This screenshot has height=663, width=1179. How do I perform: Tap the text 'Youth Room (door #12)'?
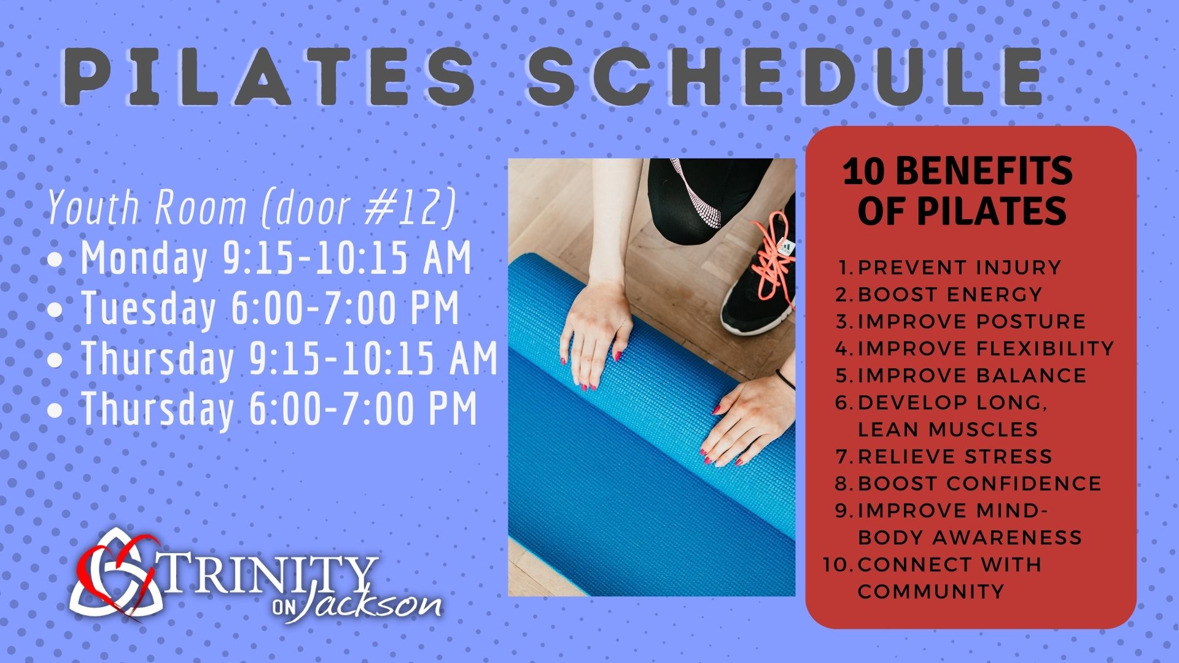pos(252,207)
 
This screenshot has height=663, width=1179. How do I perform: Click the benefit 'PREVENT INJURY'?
pos(960,268)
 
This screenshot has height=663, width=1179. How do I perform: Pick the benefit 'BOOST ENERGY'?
pos(950,295)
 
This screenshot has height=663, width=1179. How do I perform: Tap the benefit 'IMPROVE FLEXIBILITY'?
pos(986,349)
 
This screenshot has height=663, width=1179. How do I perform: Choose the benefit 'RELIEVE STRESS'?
pos(955,457)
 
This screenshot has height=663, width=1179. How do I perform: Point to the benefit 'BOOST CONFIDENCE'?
pos(980,484)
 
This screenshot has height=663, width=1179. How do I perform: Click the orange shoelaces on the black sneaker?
pos(773,258)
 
